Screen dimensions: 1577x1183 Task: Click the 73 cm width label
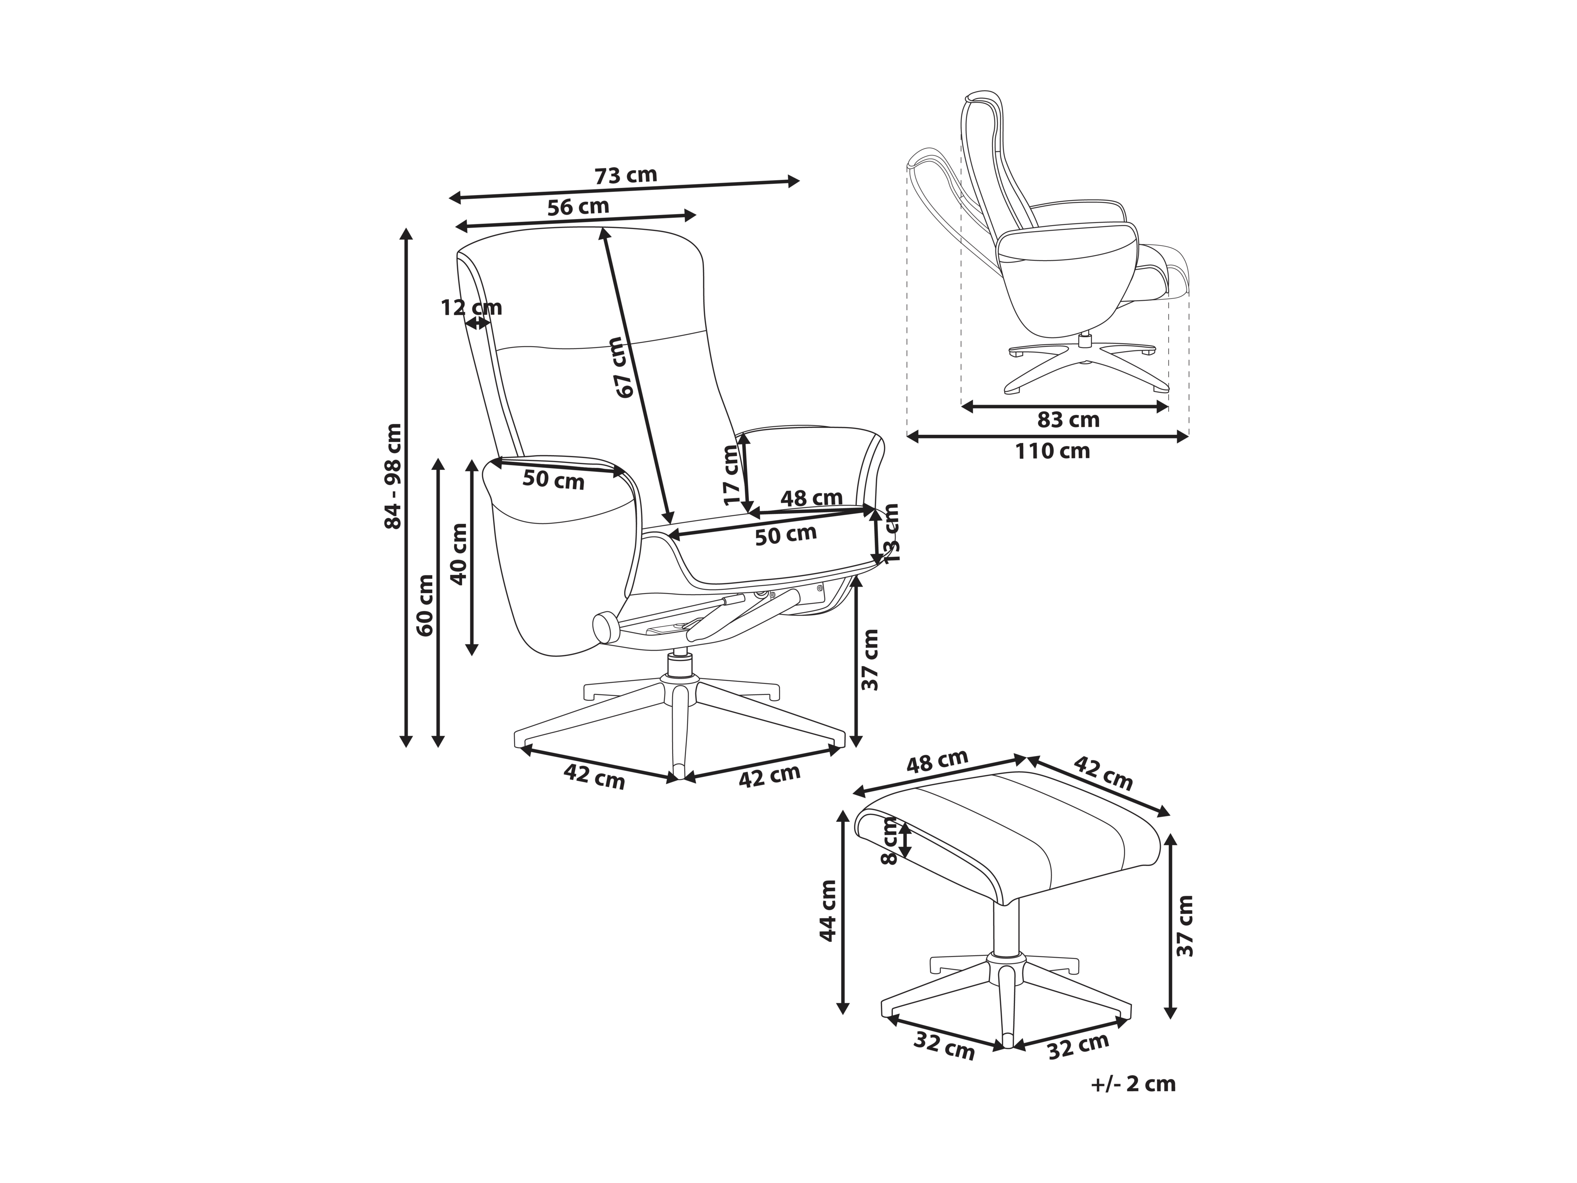pyautogui.click(x=625, y=174)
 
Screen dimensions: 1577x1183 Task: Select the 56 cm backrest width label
pyautogui.click(x=578, y=207)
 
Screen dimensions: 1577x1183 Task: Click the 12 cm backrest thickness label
pyautogui.click(x=471, y=307)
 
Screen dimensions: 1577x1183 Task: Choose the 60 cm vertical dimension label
pyautogui.click(x=425, y=605)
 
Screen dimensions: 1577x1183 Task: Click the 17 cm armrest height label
pyautogui.click(x=732, y=475)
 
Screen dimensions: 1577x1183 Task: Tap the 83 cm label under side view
pyautogui.click(x=1068, y=420)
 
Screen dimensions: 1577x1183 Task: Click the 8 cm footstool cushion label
pyautogui.click(x=889, y=842)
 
